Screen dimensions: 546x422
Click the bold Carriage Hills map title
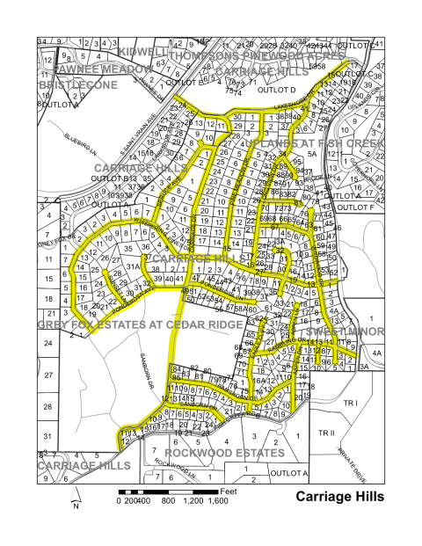coord(339,497)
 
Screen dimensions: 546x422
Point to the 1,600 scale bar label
coord(218,500)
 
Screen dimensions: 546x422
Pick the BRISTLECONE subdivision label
coord(76,85)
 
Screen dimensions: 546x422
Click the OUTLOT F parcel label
coord(356,208)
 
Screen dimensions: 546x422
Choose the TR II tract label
coord(328,433)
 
